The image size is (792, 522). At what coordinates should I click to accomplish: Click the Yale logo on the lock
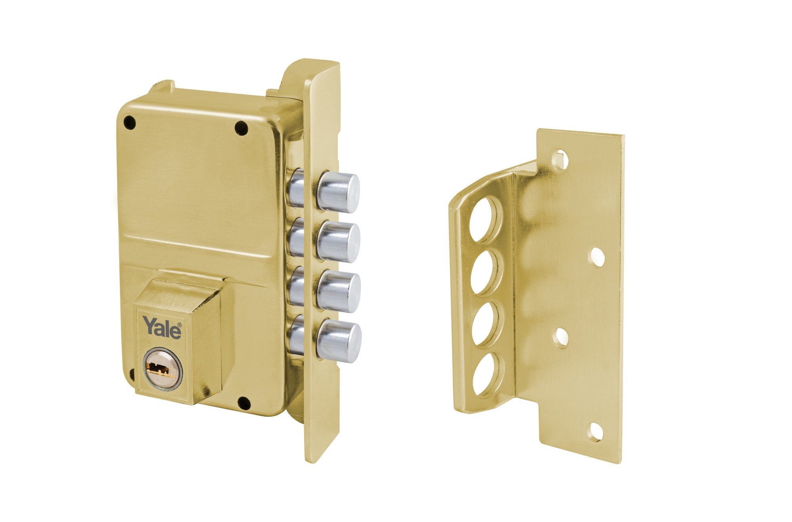162,327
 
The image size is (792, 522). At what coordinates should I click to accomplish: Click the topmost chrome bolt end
339,191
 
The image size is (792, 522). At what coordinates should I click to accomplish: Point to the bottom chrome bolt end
340,342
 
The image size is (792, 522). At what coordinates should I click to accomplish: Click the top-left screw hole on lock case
129,123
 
